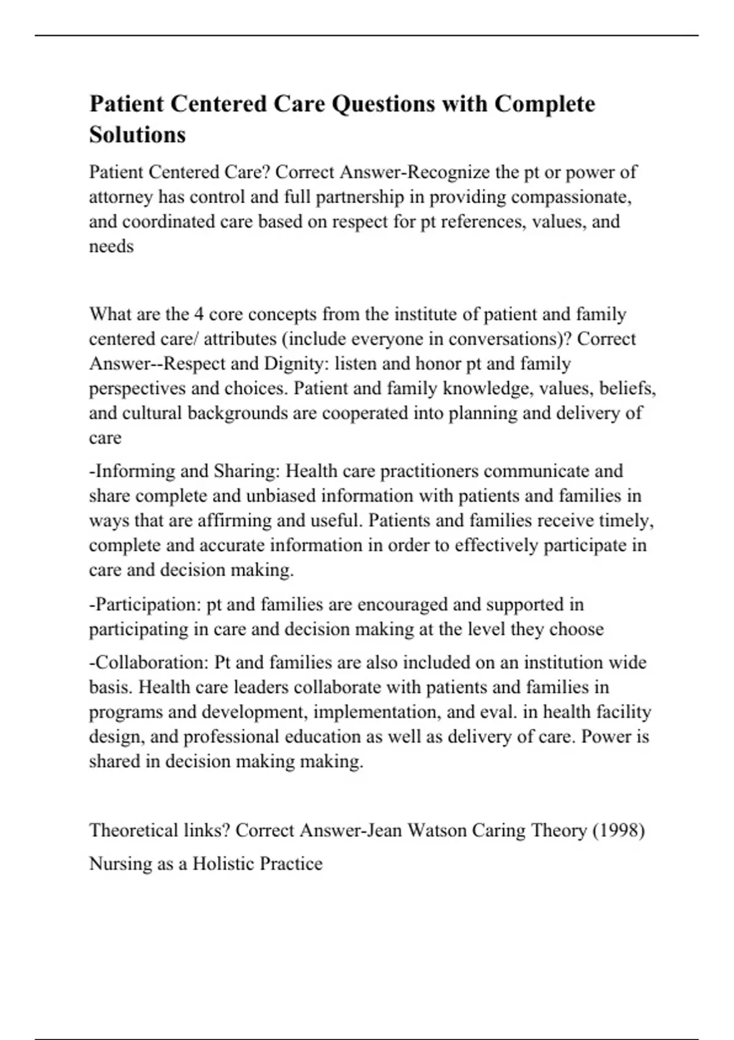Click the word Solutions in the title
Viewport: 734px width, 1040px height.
(137, 135)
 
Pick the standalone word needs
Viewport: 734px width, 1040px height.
(111, 246)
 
